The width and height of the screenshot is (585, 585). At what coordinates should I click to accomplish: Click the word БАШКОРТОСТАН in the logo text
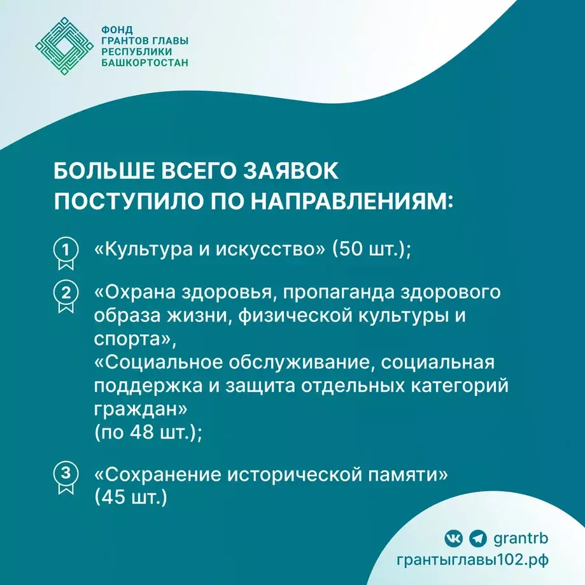(x=145, y=63)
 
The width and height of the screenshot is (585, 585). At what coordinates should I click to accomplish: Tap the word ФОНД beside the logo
(x=116, y=29)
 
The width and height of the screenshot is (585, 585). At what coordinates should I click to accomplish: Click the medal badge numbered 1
(x=64, y=250)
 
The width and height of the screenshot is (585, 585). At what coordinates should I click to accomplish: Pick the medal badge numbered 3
(x=64, y=476)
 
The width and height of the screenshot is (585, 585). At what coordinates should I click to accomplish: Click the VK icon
(x=453, y=539)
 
